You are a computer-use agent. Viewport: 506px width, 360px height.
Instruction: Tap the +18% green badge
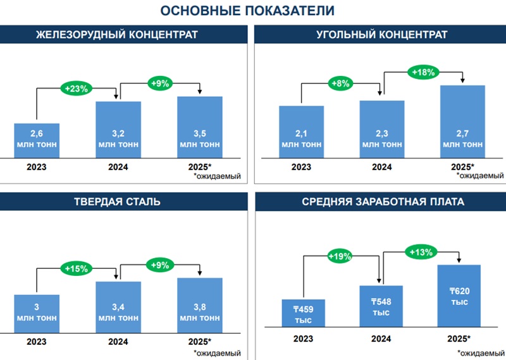(x=423, y=72)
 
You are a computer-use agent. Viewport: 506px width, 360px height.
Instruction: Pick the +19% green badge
(x=340, y=256)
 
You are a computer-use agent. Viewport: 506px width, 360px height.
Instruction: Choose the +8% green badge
(x=341, y=83)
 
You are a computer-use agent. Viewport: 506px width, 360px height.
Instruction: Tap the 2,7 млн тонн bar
(x=462, y=121)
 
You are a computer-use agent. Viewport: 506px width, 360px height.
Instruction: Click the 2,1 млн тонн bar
(x=301, y=132)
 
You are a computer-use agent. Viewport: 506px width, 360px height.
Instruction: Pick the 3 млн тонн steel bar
(x=37, y=312)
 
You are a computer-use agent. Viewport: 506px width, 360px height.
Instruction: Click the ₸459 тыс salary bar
(x=304, y=313)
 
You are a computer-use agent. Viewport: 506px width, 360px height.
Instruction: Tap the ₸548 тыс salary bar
(x=381, y=306)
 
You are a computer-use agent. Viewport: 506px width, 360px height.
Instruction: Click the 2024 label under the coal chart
(x=381, y=167)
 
